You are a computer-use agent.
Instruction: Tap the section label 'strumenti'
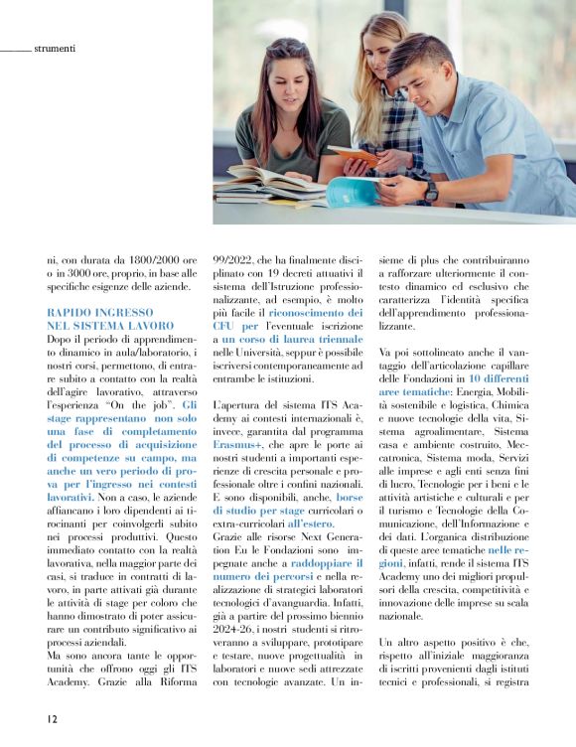pyautogui.click(x=55, y=47)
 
